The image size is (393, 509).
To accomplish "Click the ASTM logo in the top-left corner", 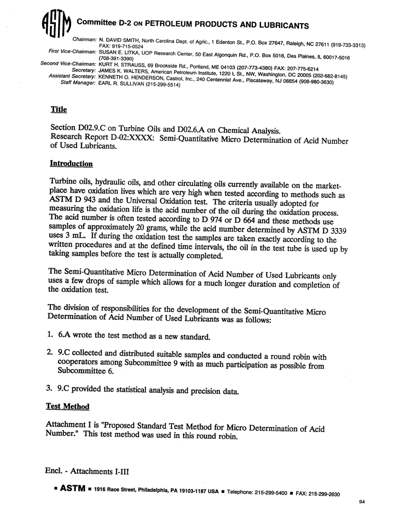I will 56,26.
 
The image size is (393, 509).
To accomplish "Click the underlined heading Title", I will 58,110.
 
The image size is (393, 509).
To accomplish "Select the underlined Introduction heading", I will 71,164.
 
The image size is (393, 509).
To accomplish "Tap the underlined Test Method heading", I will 67,407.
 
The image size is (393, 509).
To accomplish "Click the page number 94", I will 363,502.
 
